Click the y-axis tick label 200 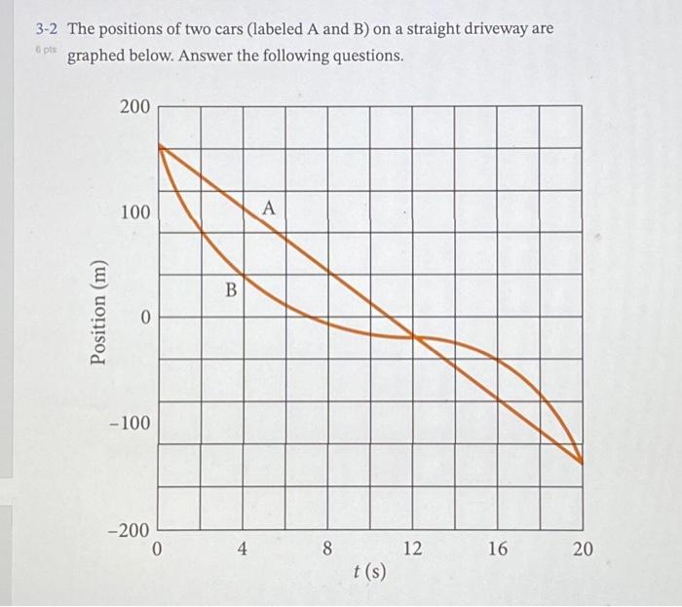(x=135, y=106)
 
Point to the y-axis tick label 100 (x=135, y=211)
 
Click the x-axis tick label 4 (x=244, y=550)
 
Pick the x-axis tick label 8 (x=327, y=550)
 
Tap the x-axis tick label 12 (x=412, y=550)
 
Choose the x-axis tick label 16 (x=497, y=550)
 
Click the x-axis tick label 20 (x=582, y=550)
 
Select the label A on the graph (x=270, y=208)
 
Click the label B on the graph (x=231, y=289)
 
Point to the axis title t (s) (x=369, y=570)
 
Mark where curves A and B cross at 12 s (x=413, y=337)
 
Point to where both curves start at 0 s (x=159, y=146)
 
